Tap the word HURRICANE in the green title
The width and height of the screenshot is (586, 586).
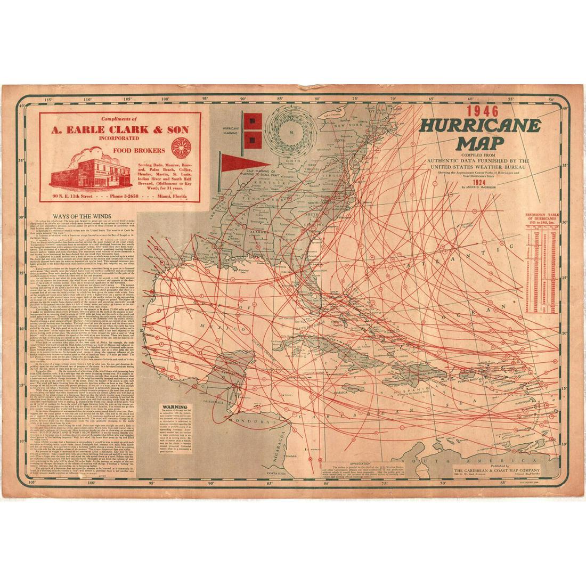[x=480, y=126]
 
